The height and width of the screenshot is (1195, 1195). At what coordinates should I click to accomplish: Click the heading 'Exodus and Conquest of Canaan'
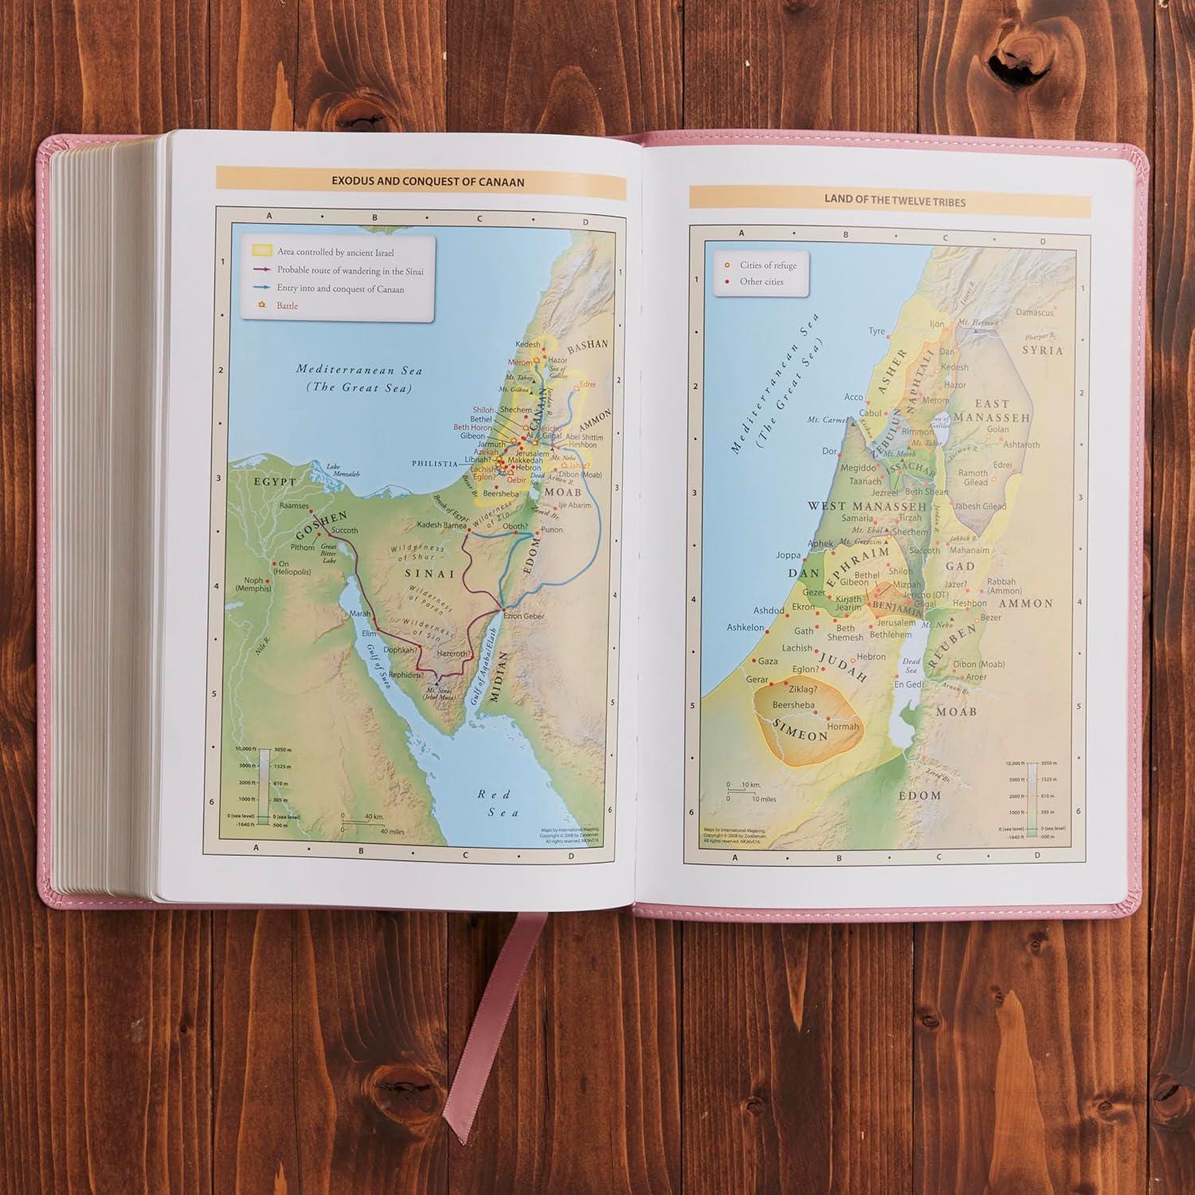click(428, 182)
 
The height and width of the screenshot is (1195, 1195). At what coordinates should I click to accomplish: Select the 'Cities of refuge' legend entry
click(767, 265)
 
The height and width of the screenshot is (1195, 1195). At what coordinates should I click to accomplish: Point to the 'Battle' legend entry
click(287, 306)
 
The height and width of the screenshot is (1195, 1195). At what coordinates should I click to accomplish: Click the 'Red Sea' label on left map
click(499, 803)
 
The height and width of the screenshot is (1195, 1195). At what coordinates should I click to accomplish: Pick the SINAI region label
click(429, 573)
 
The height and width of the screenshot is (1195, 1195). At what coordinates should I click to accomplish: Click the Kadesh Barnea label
click(442, 525)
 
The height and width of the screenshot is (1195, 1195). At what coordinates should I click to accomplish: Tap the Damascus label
click(1034, 312)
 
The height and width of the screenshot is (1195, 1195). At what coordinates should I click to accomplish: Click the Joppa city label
click(789, 555)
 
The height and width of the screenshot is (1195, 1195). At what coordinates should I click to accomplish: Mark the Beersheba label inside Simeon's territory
click(793, 705)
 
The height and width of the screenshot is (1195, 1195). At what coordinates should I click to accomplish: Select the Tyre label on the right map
click(876, 331)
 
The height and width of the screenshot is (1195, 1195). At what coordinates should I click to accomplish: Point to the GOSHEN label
click(321, 525)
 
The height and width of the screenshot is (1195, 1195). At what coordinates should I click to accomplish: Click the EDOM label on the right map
click(919, 795)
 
